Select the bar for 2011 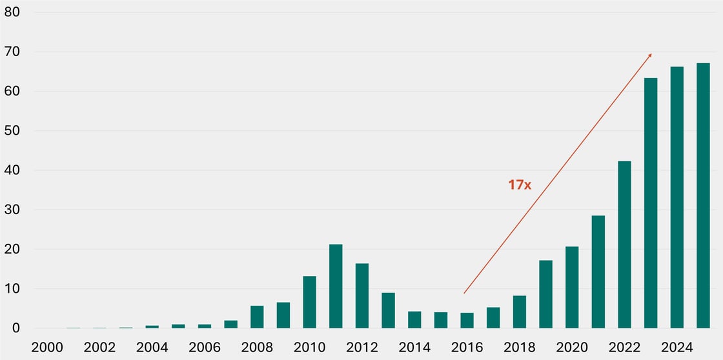pyautogui.click(x=336, y=286)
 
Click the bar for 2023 pyautogui.click(x=651, y=203)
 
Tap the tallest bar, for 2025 pyautogui.click(x=703, y=196)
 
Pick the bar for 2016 pyautogui.click(x=467, y=321)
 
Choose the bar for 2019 pyautogui.click(x=545, y=294)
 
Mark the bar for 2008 pyautogui.click(x=258, y=317)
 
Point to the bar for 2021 pyautogui.click(x=598, y=272)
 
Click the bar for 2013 pyautogui.click(x=388, y=310)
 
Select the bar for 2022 pyautogui.click(x=624, y=245)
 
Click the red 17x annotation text pyautogui.click(x=520, y=185)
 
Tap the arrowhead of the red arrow pyautogui.click(x=650, y=55)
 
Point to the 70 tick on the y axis pyautogui.click(x=12, y=52)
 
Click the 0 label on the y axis pyautogui.click(x=17, y=328)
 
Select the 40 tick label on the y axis pyautogui.click(x=12, y=170)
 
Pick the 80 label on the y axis pyautogui.click(x=12, y=12)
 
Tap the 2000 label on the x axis pyautogui.click(x=47, y=348)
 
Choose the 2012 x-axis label pyautogui.click(x=362, y=348)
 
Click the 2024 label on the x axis pyautogui.click(x=677, y=348)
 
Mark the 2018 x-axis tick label pyautogui.click(x=519, y=348)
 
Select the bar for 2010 pyautogui.click(x=309, y=303)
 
